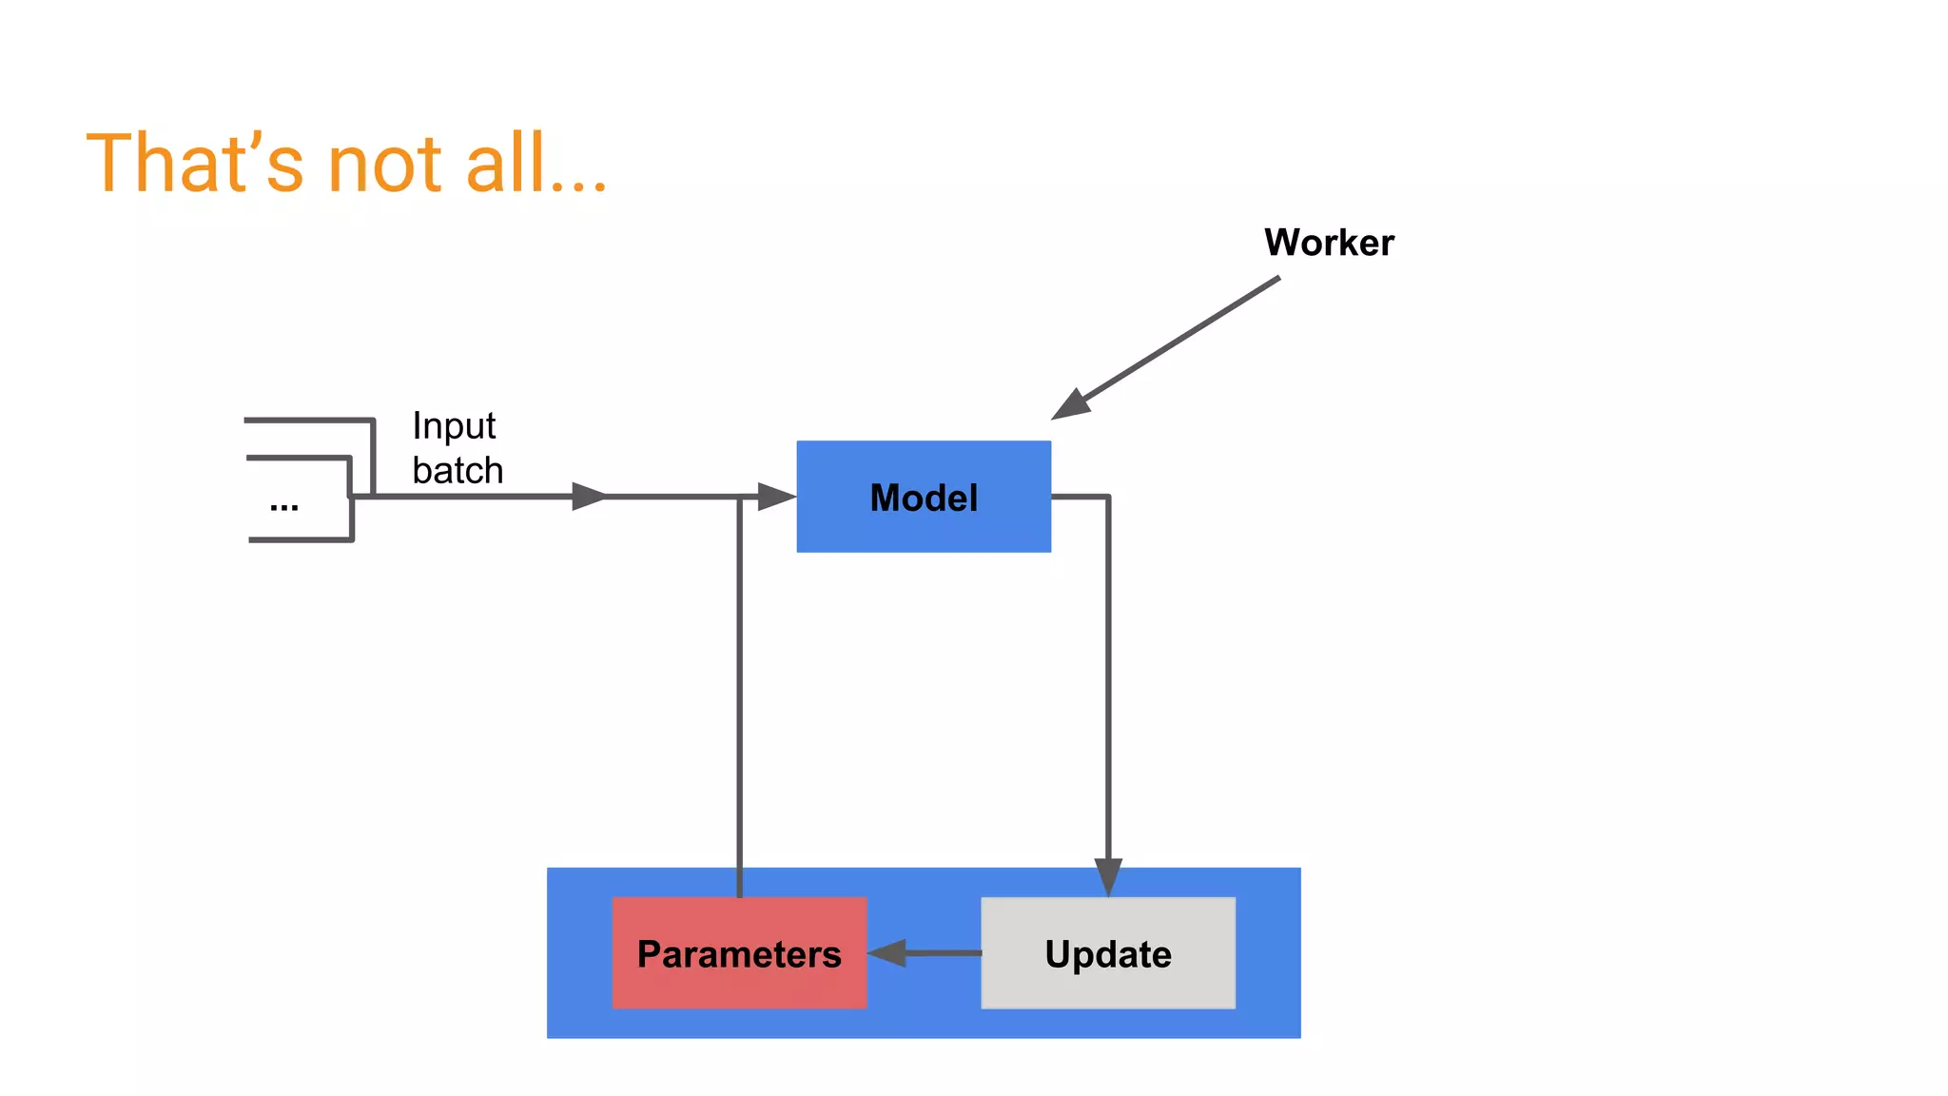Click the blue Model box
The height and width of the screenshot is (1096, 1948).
[x=923, y=496]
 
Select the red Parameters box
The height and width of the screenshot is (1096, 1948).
[x=739, y=952]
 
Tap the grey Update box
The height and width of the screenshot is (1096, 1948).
[x=1108, y=952]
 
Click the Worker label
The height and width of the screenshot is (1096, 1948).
[x=1329, y=243]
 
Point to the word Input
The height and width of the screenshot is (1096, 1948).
[x=454, y=426]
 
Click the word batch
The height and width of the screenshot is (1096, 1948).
[x=458, y=471]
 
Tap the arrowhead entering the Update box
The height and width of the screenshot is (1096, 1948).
[x=1108, y=876]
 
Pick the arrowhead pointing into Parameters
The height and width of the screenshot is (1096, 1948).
[x=886, y=952]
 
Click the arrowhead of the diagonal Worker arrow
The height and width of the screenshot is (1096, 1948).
[x=1070, y=404]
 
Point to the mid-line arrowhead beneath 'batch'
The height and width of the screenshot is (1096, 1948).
[x=589, y=496]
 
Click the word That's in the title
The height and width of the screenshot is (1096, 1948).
[x=195, y=164]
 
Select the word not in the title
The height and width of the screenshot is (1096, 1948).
[x=384, y=164]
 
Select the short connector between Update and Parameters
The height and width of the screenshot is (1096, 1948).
[x=942, y=952]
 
